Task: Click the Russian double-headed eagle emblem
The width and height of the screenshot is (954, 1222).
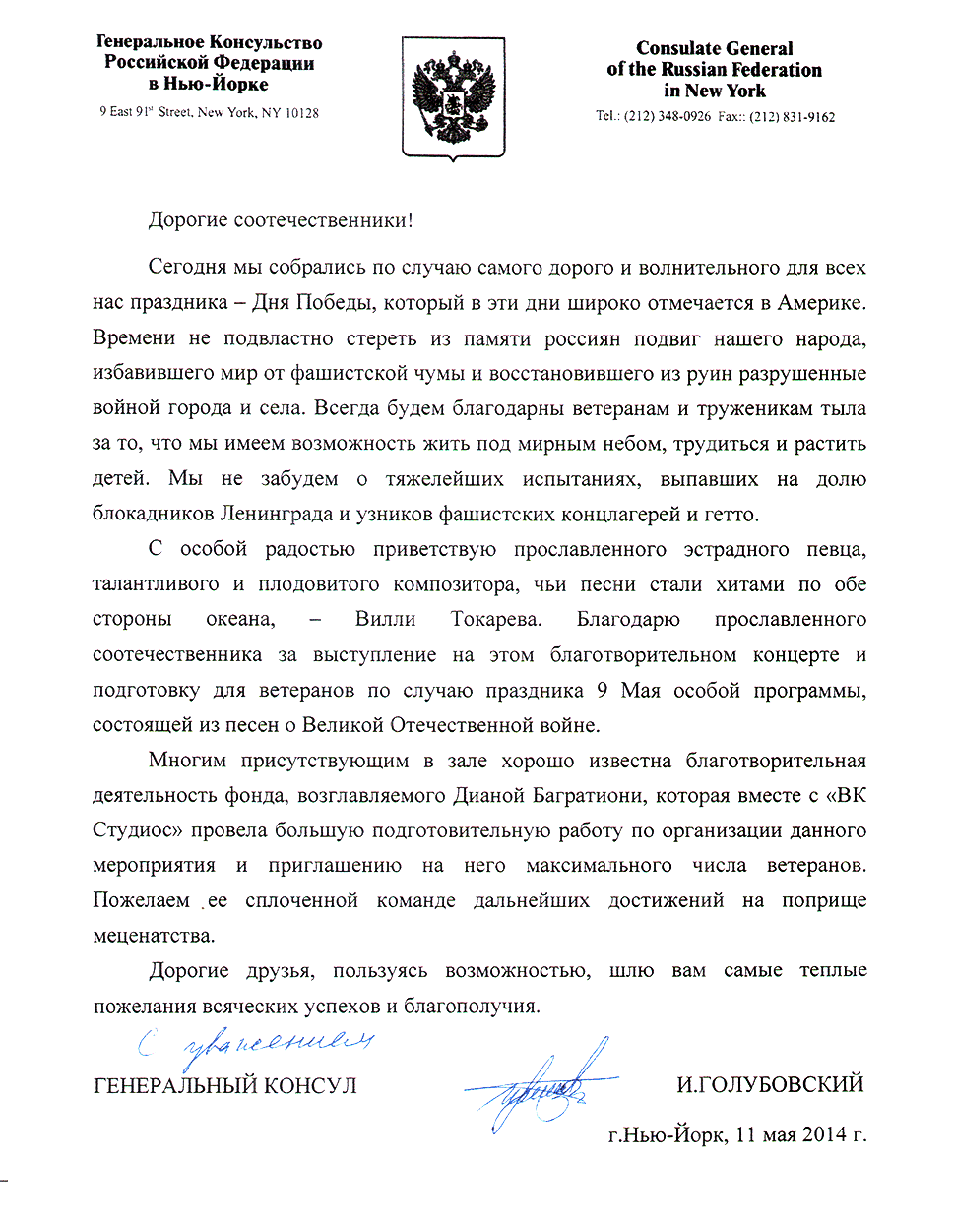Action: (x=453, y=97)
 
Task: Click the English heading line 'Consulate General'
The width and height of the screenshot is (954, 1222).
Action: (x=714, y=48)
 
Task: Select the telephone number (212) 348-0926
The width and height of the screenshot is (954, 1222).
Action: (x=667, y=116)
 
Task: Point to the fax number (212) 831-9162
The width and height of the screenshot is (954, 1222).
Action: (x=792, y=116)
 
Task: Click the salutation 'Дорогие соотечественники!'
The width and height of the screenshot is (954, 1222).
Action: (x=281, y=219)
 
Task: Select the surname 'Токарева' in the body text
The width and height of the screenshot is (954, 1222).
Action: (x=495, y=619)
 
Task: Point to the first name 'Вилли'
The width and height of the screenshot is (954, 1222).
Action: (x=385, y=619)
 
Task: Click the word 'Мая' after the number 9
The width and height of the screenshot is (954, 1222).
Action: (x=640, y=690)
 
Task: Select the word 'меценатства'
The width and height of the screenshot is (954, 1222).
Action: (x=153, y=936)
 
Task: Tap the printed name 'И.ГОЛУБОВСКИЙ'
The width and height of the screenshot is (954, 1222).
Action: (x=770, y=1085)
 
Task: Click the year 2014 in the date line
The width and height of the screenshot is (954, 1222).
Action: (x=824, y=1134)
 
